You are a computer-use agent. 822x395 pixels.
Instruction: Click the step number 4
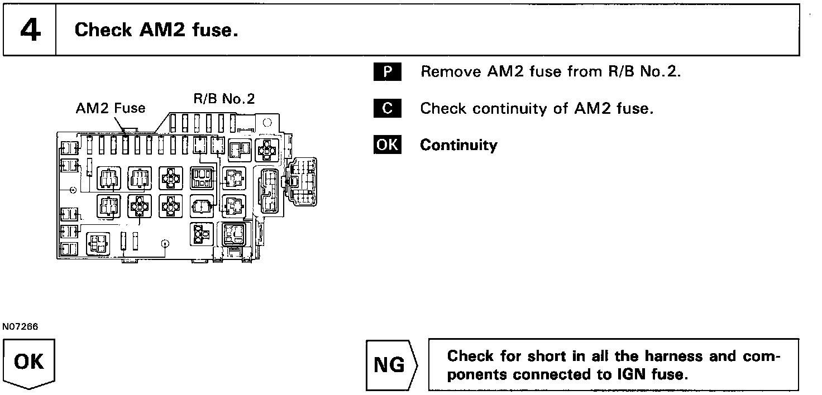tap(30, 31)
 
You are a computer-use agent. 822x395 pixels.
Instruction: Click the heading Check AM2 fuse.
tap(156, 30)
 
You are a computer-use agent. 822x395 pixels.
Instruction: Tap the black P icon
tap(387, 72)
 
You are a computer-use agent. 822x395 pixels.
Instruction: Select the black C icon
tap(387, 108)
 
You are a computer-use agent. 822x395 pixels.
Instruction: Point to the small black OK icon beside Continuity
tap(387, 145)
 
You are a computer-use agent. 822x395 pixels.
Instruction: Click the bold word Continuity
tap(458, 145)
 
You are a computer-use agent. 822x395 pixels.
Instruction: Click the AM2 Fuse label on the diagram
tap(110, 108)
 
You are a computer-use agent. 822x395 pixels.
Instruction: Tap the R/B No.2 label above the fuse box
tap(223, 99)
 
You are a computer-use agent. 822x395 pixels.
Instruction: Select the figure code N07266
tap(20, 327)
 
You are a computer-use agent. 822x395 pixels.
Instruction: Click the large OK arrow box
tap(29, 363)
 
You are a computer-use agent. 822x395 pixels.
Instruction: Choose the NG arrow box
tap(390, 365)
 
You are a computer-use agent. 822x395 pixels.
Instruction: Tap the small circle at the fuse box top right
tap(267, 122)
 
